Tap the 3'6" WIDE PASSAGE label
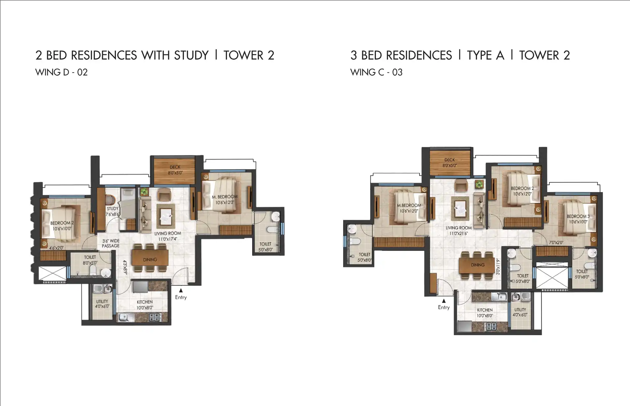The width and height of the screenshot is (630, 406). (111, 243)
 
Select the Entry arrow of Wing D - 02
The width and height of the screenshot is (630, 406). (181, 290)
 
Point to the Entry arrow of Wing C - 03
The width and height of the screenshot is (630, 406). (444, 301)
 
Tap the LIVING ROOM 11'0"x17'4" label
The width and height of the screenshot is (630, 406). (168, 236)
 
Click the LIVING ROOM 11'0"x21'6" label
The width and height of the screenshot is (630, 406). (459, 230)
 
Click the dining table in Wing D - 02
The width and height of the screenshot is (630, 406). (150, 257)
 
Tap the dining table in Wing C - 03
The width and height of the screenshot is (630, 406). (478, 265)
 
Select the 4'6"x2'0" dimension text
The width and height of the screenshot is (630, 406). (56, 248)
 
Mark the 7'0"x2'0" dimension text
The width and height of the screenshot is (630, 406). (556, 243)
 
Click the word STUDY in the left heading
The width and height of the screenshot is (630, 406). (191, 55)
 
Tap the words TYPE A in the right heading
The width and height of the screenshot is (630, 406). (485, 55)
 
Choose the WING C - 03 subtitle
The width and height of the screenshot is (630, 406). (376, 72)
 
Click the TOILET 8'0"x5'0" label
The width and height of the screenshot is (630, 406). (90, 260)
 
